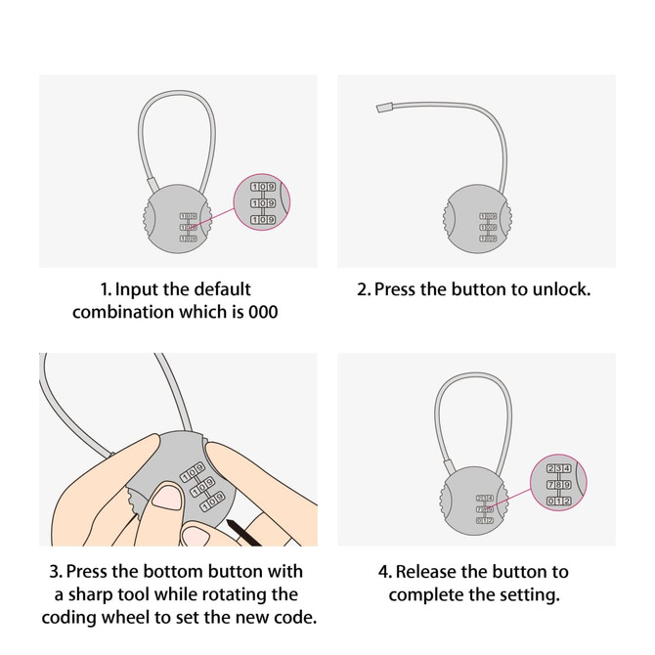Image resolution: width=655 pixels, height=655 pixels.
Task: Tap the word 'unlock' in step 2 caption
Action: (560, 290)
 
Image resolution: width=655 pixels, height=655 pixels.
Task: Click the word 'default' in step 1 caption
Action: (217, 290)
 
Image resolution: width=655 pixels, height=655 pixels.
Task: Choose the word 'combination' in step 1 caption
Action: (132, 314)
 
